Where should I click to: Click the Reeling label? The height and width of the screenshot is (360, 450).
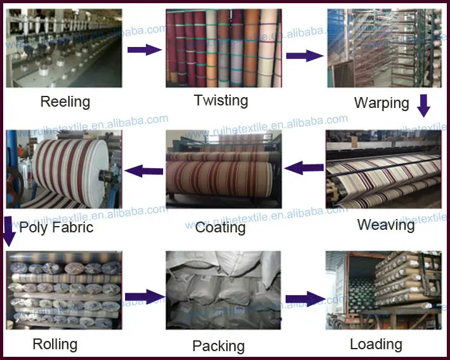coord(65,102)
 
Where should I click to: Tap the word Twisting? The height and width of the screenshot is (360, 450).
coord(221,101)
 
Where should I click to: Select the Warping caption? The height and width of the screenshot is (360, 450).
coord(381,103)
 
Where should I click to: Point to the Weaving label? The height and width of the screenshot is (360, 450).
coord(386,225)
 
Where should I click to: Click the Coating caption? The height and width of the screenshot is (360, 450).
coord(220,228)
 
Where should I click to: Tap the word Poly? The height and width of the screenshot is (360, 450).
coord(34,228)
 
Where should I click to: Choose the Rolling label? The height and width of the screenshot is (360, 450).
coord(55,345)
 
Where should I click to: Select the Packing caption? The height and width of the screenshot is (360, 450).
coord(218,346)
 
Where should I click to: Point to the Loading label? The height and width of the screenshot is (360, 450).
coord(376,345)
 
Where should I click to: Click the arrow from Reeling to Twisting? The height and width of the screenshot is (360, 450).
coord(145,50)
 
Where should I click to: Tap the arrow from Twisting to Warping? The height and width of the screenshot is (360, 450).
coord(305,56)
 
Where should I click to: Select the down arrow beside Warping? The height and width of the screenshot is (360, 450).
coord(423,105)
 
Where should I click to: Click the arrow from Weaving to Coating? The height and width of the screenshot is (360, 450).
coord(304,168)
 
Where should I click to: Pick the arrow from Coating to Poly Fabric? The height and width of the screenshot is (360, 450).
coord(144,171)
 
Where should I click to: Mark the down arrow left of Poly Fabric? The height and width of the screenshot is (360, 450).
coord(8,231)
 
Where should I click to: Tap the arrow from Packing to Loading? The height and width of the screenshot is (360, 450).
coord(306,299)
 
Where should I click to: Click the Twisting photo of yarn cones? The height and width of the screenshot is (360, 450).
coord(224,48)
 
